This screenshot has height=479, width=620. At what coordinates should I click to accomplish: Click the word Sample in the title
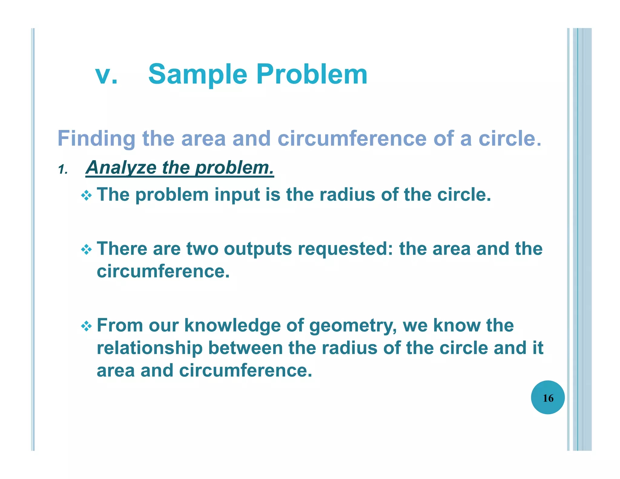(x=198, y=74)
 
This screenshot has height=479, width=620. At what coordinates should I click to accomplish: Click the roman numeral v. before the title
(x=106, y=74)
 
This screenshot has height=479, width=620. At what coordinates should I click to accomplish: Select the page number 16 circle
(x=548, y=397)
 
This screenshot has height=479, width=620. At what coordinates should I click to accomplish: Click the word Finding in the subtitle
(x=96, y=139)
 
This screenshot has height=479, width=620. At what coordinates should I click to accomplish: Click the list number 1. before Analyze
(x=63, y=170)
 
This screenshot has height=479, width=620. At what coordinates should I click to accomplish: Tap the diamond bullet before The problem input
(x=87, y=195)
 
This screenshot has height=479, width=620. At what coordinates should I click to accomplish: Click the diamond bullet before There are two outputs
(x=87, y=250)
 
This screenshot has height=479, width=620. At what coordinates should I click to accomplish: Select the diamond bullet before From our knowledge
(x=87, y=326)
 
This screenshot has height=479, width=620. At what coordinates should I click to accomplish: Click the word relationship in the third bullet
(x=150, y=348)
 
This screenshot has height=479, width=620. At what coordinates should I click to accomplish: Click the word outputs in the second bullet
(x=258, y=249)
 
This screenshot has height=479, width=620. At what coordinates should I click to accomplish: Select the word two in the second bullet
(x=202, y=249)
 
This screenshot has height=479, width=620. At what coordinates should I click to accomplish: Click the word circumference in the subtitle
(x=352, y=139)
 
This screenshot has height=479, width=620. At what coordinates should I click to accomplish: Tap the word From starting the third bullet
(x=120, y=326)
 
